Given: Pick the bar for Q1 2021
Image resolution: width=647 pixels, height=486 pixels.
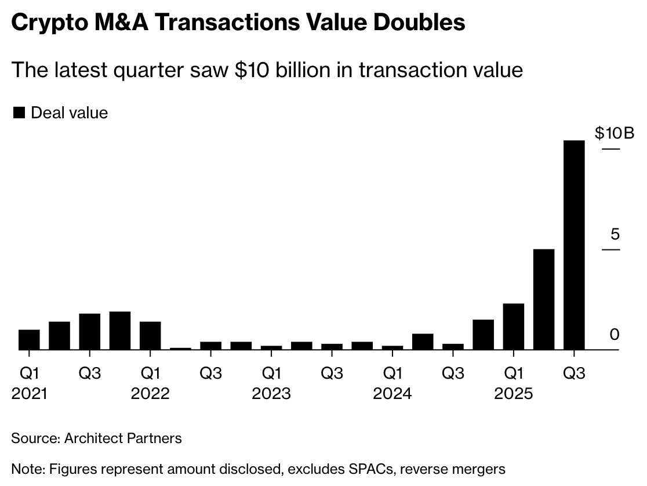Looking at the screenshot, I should point(30,340).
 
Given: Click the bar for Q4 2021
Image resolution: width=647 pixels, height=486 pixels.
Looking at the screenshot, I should point(120,331).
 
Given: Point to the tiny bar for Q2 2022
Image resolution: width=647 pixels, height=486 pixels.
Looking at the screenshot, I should point(181,349).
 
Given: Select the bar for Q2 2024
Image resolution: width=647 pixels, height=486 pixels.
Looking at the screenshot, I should point(423,342).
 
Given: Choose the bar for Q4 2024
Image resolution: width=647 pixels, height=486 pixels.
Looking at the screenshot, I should point(483,335).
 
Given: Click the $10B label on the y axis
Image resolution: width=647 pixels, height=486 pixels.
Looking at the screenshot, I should point(615,133).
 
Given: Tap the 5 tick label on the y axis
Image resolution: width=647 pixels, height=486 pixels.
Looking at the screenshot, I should point(615,234).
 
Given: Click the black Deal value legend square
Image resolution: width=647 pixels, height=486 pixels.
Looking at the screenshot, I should point(19,113).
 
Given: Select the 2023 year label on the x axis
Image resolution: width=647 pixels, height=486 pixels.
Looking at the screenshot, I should point(271,394).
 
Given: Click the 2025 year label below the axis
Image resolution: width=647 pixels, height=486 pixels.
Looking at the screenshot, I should point(513,394).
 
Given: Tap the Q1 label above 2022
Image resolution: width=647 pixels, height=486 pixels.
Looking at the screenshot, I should point(150,372).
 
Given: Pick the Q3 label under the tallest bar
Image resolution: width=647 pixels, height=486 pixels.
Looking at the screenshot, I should point(574,372).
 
